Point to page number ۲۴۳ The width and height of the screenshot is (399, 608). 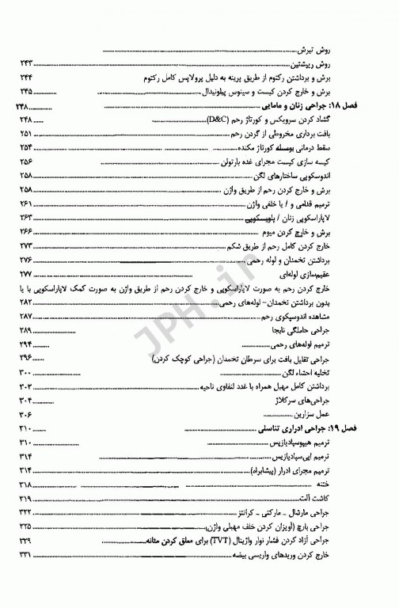29,62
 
